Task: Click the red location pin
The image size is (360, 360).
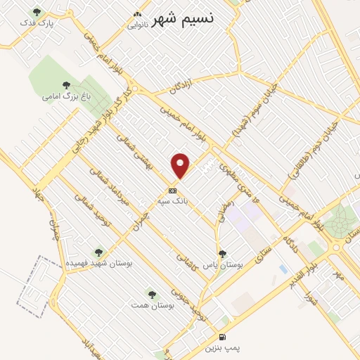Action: pyautogui.click(x=181, y=165)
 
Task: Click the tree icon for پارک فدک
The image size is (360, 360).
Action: pyautogui.click(x=37, y=12)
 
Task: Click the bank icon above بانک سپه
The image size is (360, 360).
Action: pyautogui.click(x=172, y=190)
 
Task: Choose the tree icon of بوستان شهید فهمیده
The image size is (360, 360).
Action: pyautogui.click(x=98, y=251)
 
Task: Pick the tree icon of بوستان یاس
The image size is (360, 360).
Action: pyautogui.click(x=222, y=254)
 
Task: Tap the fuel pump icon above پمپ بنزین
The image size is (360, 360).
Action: pyautogui.click(x=223, y=337)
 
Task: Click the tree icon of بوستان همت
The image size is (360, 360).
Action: pyautogui.click(x=150, y=294)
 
